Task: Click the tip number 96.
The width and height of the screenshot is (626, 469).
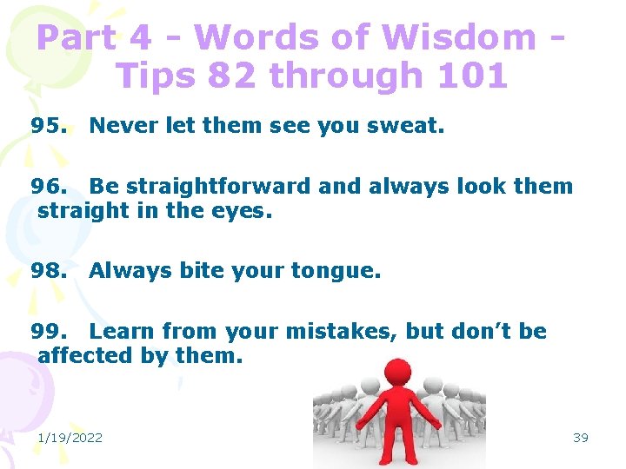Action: click(x=48, y=186)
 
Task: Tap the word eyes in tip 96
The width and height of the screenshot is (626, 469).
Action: click(x=247, y=210)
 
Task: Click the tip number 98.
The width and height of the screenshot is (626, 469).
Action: click(x=48, y=271)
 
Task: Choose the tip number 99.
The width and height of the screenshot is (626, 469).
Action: click(x=48, y=331)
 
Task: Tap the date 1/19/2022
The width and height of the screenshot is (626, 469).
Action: click(x=70, y=437)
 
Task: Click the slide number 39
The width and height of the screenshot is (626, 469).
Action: click(x=581, y=437)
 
